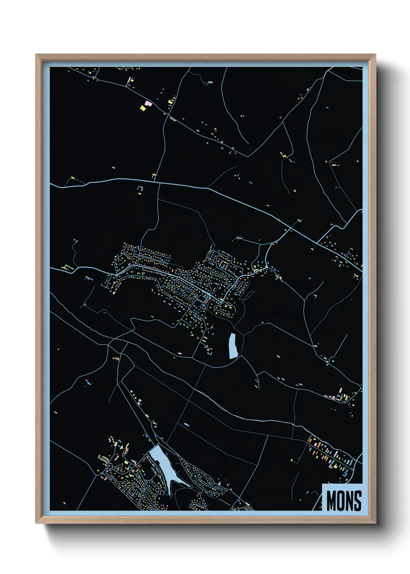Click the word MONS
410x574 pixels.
pyautogui.click(x=344, y=500)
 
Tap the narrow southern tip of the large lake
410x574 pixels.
pyautogui.click(x=170, y=492)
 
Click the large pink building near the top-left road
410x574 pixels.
pyautogui.click(x=148, y=103)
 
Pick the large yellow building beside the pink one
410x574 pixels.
pyautogui.click(x=143, y=109)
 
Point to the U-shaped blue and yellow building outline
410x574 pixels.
pyautogui.click(x=140, y=190)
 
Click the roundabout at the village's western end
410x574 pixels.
pyautogui.click(x=117, y=275)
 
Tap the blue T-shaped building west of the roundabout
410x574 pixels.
pyautogui.click(x=90, y=278)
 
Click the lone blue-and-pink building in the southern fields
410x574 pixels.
pyautogui.click(x=186, y=425)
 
